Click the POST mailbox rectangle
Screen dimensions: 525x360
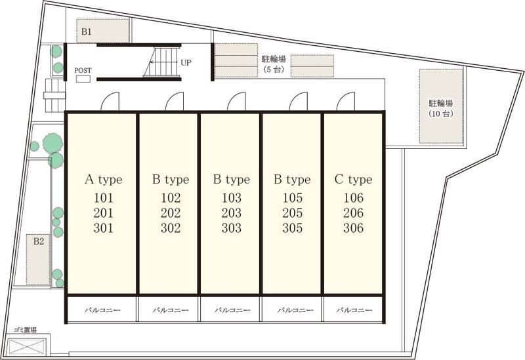click(83, 79)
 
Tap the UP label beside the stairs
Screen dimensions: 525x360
click(186, 62)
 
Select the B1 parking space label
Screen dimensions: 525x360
click(87, 31)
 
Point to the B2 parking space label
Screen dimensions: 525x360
click(39, 241)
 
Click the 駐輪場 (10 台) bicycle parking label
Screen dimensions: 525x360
click(441, 108)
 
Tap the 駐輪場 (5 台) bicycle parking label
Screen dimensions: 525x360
click(274, 64)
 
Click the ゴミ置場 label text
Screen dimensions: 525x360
click(25, 330)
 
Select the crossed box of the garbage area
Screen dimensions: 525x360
click(26, 347)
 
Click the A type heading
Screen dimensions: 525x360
click(104, 180)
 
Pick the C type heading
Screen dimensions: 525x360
click(353, 180)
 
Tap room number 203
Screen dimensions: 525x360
click(232, 213)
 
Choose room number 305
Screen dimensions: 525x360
click(292, 228)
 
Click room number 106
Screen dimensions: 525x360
click(353, 198)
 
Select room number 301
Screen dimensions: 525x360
click(104, 228)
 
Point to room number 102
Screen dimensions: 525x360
click(171, 198)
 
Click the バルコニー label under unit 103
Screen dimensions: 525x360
click(232, 310)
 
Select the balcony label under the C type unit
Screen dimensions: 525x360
click(354, 310)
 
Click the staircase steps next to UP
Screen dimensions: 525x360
click(162, 62)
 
